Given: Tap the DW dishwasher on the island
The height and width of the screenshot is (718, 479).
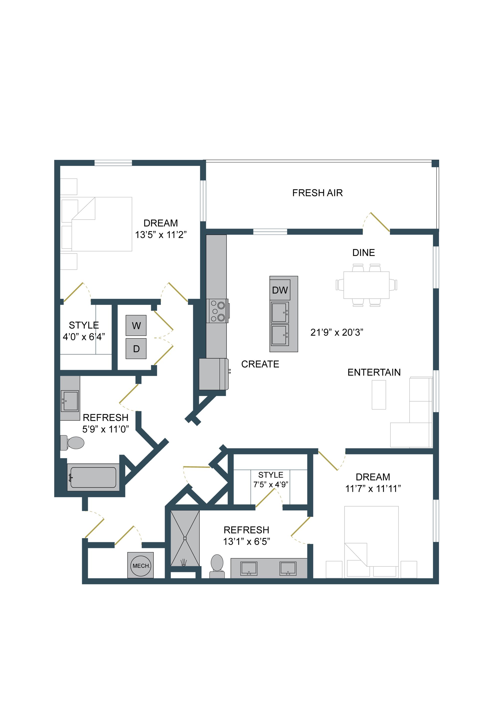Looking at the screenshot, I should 280,290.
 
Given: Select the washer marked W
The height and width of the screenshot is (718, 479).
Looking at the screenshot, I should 136,326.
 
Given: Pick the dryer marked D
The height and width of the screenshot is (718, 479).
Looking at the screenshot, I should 136,349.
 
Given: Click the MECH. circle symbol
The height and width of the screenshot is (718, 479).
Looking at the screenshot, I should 140,566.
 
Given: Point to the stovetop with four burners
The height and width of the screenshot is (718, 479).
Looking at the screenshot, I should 218,311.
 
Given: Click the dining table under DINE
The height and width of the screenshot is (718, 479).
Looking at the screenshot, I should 366,285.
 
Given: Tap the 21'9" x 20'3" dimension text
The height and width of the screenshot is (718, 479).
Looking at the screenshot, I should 337,332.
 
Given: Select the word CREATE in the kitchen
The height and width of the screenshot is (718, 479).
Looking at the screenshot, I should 260,364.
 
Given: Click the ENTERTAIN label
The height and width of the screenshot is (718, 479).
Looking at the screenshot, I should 374,372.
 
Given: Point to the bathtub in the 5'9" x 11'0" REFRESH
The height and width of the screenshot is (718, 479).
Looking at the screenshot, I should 93,477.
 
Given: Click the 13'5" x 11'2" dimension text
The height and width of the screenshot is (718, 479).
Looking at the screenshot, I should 161,235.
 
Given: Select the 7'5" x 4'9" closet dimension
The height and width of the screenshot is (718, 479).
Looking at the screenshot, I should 271,485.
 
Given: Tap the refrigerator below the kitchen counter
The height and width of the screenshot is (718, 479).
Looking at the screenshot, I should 213,374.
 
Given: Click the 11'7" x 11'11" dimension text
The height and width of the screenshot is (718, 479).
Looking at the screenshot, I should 373,489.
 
